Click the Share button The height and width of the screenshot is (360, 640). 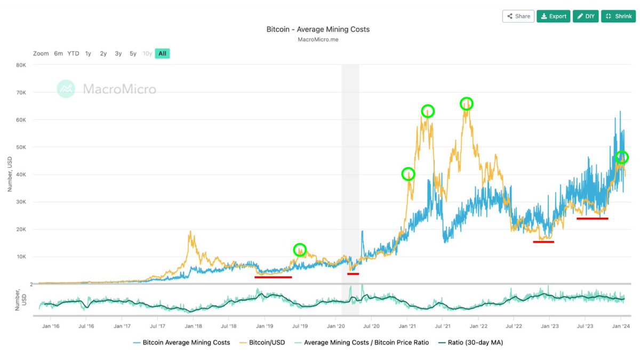518,16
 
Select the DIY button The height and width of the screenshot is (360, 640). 586,16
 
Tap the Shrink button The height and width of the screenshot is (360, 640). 618,16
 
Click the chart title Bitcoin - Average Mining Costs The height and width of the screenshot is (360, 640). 318,29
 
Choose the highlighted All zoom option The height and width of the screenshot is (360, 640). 162,53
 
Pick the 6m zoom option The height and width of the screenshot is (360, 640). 58,53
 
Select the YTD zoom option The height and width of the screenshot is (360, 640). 73,53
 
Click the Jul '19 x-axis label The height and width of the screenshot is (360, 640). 300,325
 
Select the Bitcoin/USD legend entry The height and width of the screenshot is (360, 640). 261,342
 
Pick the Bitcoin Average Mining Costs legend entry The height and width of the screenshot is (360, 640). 181,342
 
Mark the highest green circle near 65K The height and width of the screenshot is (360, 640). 467,103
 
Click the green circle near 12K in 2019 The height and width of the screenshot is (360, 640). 300,249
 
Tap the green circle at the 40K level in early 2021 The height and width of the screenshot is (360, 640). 408,174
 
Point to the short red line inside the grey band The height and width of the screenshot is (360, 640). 353,274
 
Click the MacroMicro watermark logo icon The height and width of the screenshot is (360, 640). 66,89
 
